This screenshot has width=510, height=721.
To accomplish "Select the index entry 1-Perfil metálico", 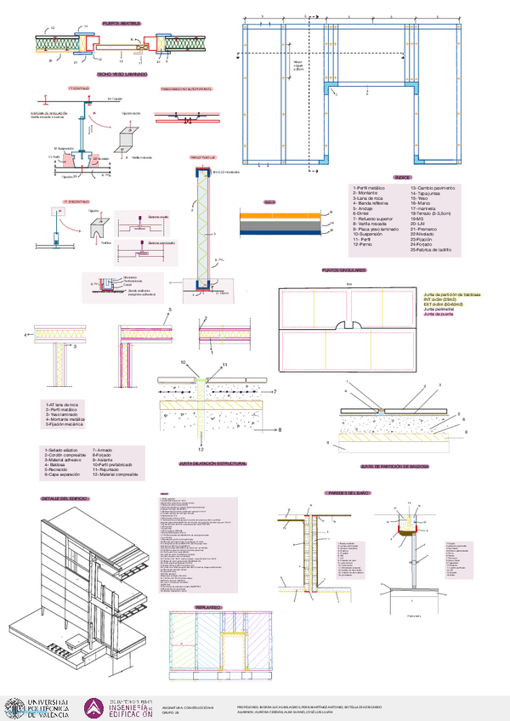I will pos(370,187).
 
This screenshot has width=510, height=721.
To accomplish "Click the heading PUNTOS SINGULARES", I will pos(344,270).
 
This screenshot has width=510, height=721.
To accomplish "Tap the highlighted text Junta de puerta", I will pos(439,315).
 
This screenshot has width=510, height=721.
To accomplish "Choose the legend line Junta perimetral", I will pos(441,309).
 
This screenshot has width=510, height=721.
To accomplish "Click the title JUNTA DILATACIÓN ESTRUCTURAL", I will pos(212,464).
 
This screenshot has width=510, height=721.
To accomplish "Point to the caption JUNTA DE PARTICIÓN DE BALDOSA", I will pos(394,467).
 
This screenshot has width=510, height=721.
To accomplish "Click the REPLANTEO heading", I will pos(208,607).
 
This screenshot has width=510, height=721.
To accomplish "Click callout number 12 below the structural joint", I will pos(201,447).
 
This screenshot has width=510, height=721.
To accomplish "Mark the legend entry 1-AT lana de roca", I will pos(65,405).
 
